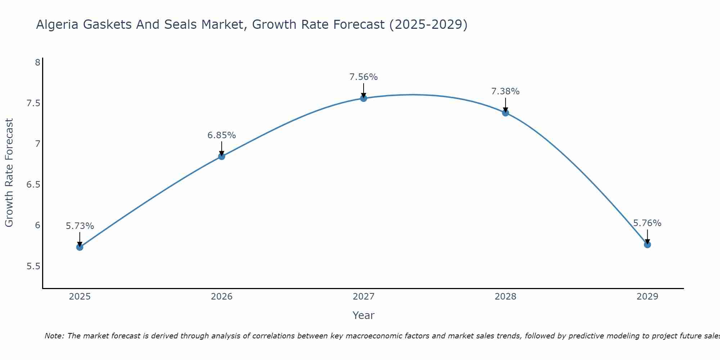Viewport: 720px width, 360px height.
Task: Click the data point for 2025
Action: tap(80, 247)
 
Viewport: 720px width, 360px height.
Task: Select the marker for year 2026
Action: tap(221, 156)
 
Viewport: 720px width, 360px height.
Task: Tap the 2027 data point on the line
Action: tap(364, 98)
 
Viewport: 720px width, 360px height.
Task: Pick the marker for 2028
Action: tap(505, 113)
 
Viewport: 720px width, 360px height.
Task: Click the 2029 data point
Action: tap(647, 244)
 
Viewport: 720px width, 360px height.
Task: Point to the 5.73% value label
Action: tap(80, 226)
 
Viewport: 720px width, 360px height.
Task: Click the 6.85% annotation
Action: tap(221, 135)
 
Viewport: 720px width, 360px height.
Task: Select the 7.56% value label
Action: tap(364, 77)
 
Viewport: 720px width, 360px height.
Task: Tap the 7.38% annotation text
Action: tap(505, 91)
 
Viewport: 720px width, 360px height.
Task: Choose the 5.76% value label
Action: tap(647, 223)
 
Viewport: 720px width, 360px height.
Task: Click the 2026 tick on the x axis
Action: tap(221, 297)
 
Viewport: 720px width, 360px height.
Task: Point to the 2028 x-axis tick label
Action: tap(505, 297)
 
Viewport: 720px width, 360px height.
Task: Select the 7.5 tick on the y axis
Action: tap(33, 103)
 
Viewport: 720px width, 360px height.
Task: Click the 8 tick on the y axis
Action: tap(37, 63)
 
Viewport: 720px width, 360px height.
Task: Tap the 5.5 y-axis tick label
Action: tap(33, 266)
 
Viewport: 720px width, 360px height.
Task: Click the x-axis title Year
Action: tap(364, 315)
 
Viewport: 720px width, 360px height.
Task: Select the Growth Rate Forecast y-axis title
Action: tap(9, 173)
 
